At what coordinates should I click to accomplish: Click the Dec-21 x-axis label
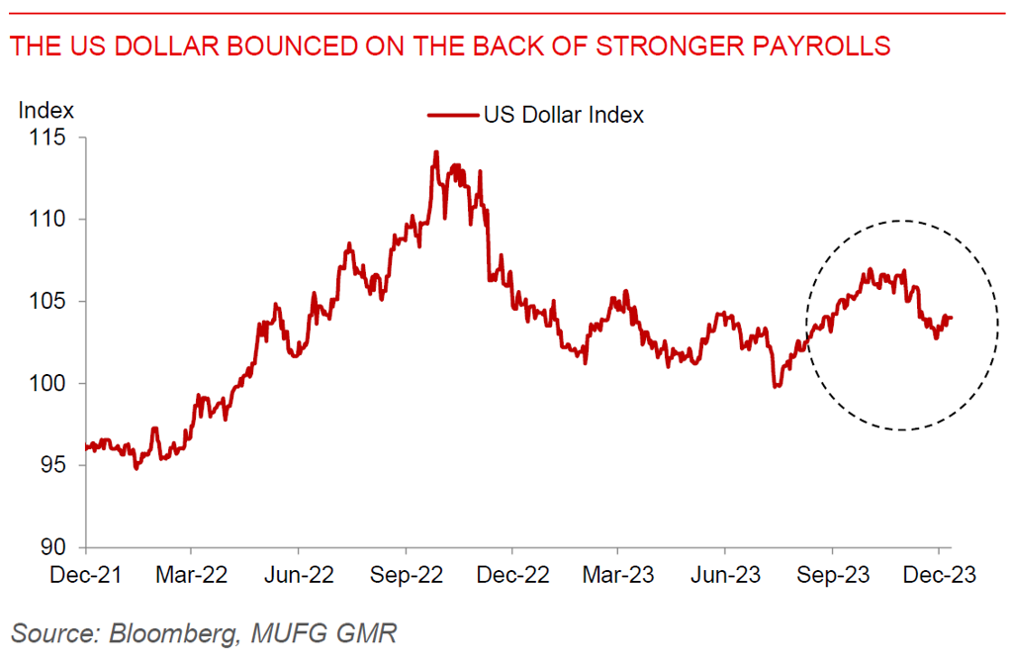point(85,575)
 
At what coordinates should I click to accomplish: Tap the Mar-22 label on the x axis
point(192,575)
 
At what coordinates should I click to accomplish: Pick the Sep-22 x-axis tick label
point(406,575)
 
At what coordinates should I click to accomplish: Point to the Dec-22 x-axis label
point(512,575)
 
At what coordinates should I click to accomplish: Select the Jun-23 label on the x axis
point(725,575)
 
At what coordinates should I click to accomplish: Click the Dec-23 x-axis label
point(939,575)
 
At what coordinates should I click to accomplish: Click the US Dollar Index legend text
point(563,116)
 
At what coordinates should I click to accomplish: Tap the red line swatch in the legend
point(452,116)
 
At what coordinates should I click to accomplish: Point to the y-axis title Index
point(46,110)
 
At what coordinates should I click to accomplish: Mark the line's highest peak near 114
point(435,152)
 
